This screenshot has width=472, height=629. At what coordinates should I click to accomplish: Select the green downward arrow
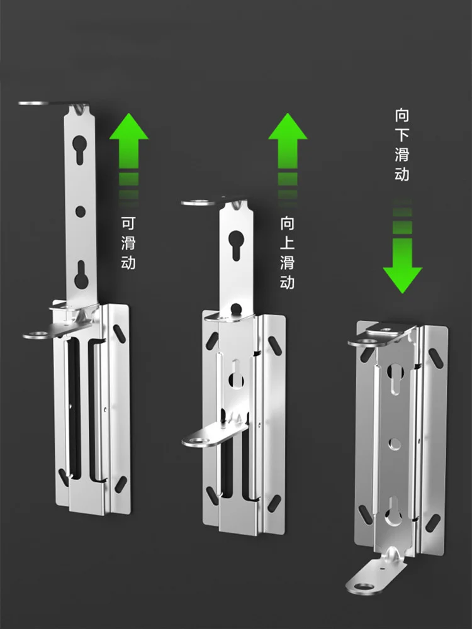[x=402, y=248]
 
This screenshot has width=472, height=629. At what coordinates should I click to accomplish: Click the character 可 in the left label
[x=128, y=223]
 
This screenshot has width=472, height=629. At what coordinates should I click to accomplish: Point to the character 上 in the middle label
[x=288, y=243]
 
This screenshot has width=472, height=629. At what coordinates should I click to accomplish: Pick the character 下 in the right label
[x=402, y=135]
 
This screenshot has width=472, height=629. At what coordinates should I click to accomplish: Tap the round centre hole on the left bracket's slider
[x=81, y=211]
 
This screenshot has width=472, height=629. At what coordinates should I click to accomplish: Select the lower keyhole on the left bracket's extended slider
[x=81, y=274]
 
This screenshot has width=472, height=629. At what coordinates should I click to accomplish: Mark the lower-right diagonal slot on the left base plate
[x=120, y=484]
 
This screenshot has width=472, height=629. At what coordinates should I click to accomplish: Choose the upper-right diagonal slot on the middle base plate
[x=275, y=346]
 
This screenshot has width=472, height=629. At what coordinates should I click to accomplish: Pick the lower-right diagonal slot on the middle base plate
[x=274, y=503]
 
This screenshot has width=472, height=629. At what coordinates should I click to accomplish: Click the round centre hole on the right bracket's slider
[x=395, y=443]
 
